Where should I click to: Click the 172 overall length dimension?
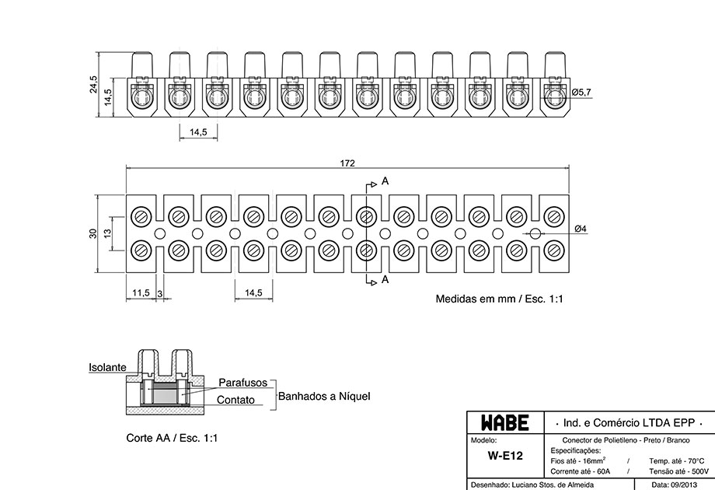point(347,163)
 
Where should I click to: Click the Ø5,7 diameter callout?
point(581,92)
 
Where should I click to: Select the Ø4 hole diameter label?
point(581,229)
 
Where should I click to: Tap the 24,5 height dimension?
point(93,85)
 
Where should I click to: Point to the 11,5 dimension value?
point(141,292)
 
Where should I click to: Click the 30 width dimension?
point(93,233)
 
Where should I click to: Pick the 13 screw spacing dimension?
point(107,233)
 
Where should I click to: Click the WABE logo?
point(505,423)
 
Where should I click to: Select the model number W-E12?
point(505,455)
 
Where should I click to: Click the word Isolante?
point(107,367)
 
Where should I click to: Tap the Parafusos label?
point(243,383)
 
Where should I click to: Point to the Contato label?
point(235,400)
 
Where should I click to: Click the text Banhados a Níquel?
point(324,396)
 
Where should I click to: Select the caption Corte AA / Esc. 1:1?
point(172,438)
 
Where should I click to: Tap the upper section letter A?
point(385,181)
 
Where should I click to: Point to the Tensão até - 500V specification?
point(679,471)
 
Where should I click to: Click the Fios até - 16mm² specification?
point(578,460)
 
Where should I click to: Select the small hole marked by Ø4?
point(535,233)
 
